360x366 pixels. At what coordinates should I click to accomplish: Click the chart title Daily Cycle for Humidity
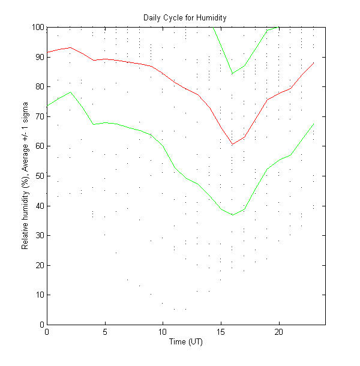[185, 17]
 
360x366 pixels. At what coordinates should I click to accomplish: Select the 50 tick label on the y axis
[39, 176]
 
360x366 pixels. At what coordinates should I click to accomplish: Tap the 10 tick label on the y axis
[39, 295]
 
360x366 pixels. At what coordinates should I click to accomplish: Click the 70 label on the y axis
[39, 116]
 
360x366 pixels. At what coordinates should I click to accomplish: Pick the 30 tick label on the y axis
[39, 235]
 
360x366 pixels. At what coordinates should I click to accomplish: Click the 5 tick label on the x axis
[105, 332]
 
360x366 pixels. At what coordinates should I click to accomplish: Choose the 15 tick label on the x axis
[221, 332]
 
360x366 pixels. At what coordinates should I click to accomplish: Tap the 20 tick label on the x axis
[279, 332]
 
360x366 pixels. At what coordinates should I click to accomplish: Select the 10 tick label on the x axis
[163, 332]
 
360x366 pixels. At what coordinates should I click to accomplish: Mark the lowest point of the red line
[232, 144]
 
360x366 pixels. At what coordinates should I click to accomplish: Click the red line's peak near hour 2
[70, 47]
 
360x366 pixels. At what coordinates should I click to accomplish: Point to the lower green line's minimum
[232, 215]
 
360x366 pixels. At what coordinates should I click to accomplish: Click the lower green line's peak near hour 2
[70, 92]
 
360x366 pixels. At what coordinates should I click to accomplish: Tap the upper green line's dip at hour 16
[232, 73]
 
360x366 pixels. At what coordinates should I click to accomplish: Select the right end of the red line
[314, 62]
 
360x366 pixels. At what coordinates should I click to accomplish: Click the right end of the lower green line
[314, 124]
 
